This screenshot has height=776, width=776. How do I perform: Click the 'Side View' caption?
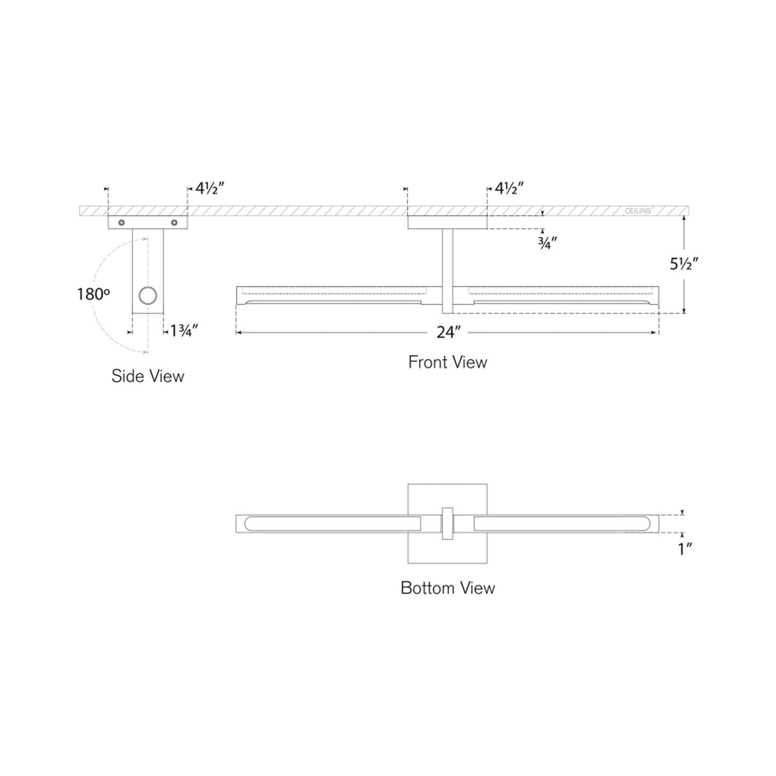pyautogui.click(x=148, y=376)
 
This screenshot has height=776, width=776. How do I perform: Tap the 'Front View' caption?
pyautogui.click(x=447, y=362)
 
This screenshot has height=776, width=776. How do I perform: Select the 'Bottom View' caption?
pyautogui.click(x=447, y=588)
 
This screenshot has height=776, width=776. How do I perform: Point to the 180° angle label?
pyautogui.click(x=93, y=294)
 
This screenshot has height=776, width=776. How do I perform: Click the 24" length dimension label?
pyautogui.click(x=448, y=333)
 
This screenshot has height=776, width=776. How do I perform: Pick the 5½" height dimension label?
pyautogui.click(x=684, y=264)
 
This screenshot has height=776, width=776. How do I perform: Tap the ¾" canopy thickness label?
pyautogui.click(x=547, y=243)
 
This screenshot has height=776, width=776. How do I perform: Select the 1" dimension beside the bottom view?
pyautogui.click(x=685, y=549)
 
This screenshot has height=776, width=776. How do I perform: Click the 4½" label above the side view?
pyautogui.click(x=209, y=188)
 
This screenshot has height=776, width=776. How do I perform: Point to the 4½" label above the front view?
pyautogui.click(x=509, y=188)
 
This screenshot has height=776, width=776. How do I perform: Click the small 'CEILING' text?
pyautogui.click(x=637, y=211)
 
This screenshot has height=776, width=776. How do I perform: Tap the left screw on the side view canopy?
pyautogui.click(x=122, y=222)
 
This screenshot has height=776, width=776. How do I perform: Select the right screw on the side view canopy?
pyautogui.click(x=174, y=222)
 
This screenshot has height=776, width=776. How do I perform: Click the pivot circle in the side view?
pyautogui.click(x=148, y=295)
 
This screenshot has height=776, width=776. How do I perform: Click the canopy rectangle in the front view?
pyautogui.click(x=447, y=222)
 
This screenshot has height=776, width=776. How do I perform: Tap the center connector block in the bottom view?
pyautogui.click(x=447, y=524)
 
